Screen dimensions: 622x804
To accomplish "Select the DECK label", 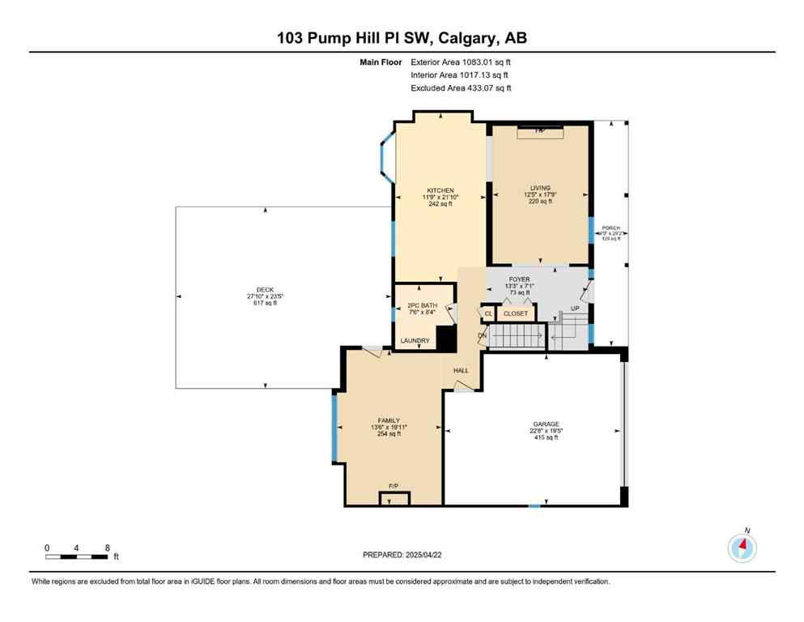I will pos(266,290).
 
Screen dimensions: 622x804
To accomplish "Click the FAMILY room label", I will pos(389,420).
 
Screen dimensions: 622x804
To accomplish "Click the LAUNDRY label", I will pos(415,341).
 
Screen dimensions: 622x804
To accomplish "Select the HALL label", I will pos(461,370).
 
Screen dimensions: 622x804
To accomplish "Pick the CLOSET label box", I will pos(516,313).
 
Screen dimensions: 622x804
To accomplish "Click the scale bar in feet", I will pos(77,556).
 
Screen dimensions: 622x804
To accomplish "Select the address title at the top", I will pos(402,38).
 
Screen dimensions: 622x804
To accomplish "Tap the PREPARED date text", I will pos(402,555).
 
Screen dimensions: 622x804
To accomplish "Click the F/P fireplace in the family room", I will pos(393,486).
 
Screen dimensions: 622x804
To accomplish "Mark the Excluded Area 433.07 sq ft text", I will pos(461,87).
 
